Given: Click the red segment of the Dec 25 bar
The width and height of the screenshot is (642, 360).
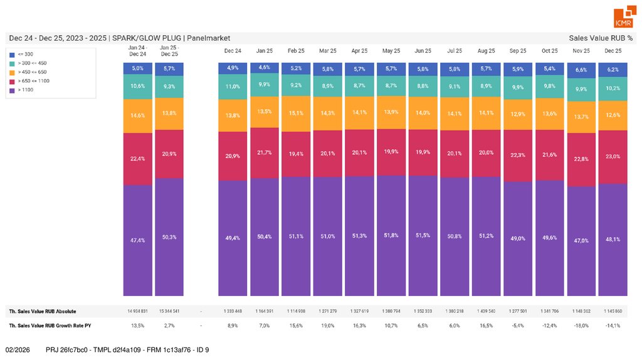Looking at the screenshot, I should [613, 157].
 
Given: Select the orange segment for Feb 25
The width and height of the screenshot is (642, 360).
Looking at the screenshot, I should [297, 114].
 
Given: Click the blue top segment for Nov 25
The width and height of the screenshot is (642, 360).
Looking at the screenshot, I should [581, 70].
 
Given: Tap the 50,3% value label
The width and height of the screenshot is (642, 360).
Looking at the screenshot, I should [169, 237].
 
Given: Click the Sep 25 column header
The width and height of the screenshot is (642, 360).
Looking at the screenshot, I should [518, 50].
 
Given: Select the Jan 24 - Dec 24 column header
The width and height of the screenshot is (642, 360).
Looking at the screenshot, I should [137, 50].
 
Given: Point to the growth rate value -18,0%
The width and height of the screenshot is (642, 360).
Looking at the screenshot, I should [581, 326].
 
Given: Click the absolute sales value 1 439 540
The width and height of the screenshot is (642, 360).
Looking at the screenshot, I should [486, 311].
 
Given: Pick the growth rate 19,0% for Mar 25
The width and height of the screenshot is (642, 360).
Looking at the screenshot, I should [328, 326].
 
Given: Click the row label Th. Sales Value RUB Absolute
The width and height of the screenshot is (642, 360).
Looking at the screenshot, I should [42, 311].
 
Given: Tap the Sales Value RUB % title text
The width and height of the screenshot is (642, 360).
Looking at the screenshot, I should [600, 38].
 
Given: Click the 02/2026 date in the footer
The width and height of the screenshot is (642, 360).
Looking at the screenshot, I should [18, 349].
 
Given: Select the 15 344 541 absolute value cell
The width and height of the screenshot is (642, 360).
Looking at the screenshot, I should [169, 311].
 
